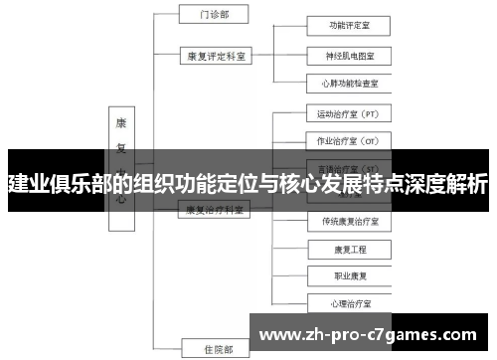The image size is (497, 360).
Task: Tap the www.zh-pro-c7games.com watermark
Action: [x=373, y=332]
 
